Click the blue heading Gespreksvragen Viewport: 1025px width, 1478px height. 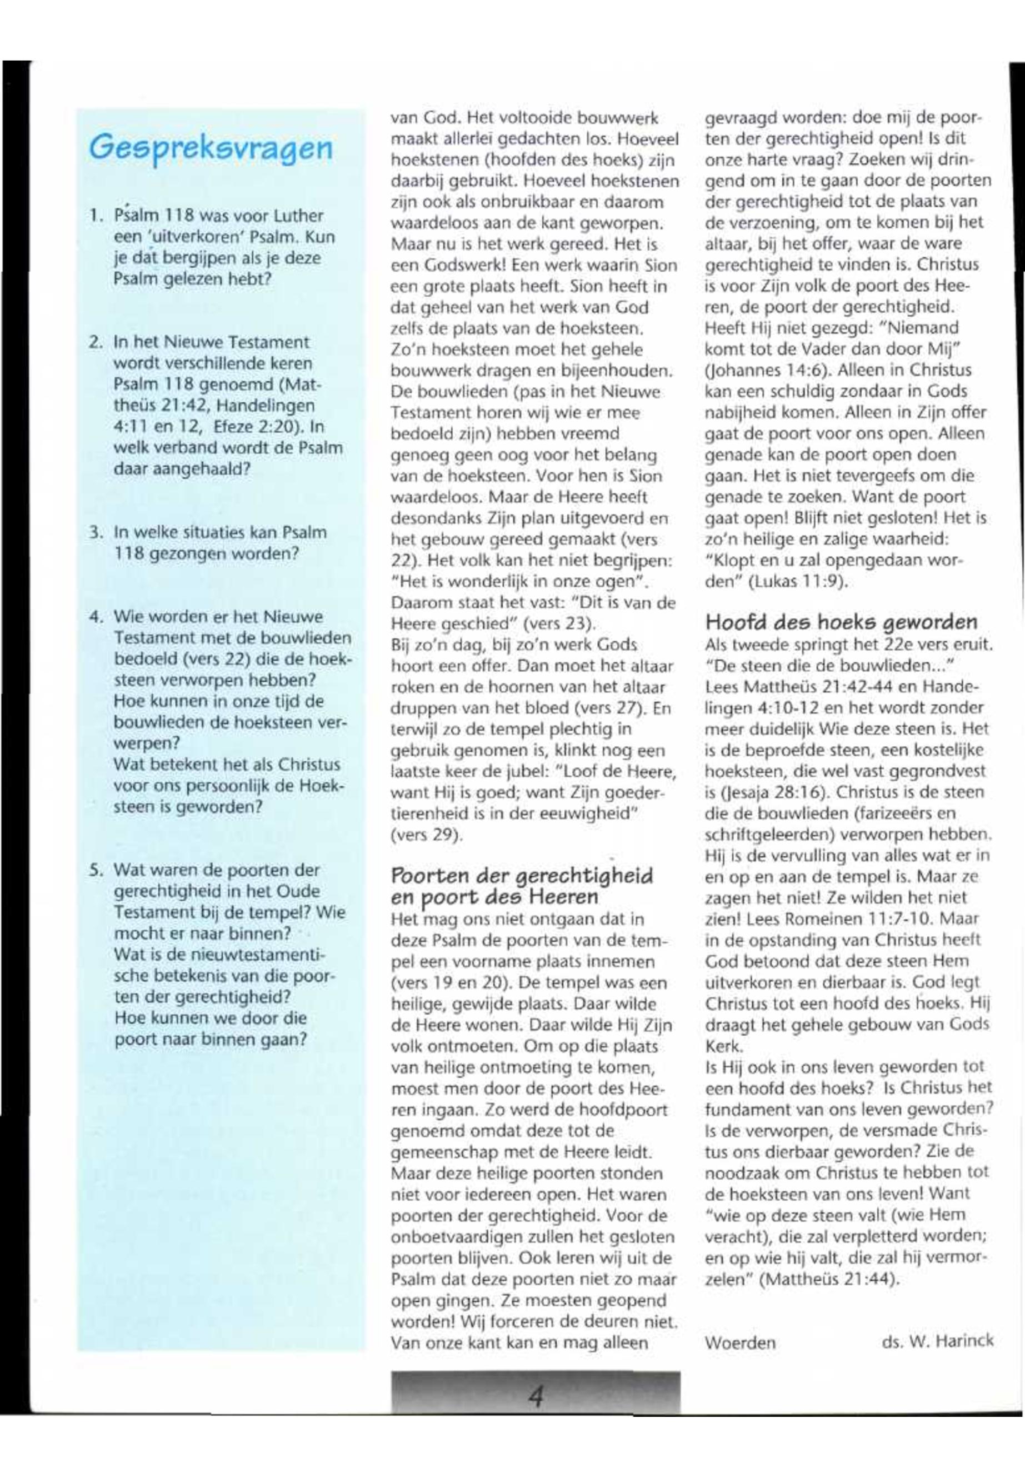(211, 148)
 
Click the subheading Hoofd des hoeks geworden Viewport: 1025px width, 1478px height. (841, 622)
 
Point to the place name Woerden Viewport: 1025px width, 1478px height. (740, 1342)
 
